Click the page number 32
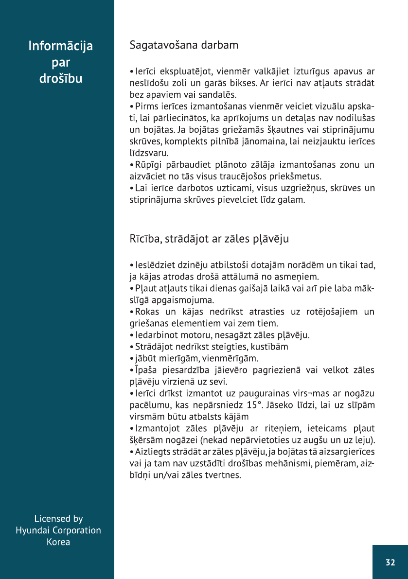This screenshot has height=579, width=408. click(390, 562)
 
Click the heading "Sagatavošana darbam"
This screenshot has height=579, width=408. click(184, 46)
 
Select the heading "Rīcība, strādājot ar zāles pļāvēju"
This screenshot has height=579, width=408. click(210, 239)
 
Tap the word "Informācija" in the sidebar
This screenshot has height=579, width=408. click(61, 46)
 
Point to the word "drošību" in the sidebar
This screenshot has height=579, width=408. click(61, 79)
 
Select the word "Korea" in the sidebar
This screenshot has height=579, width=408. click(58, 542)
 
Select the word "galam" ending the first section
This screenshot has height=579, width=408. click(291, 199)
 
